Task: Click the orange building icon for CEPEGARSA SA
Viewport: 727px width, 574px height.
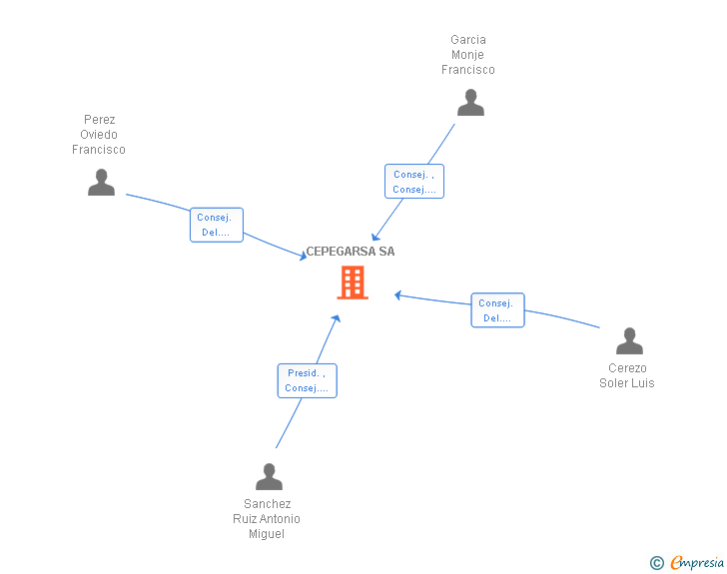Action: pos(352,283)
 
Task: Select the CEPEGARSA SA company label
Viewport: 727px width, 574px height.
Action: pos(351,252)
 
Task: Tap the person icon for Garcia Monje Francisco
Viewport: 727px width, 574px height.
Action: pos(470,102)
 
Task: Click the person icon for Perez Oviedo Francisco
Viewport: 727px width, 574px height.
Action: pos(101,182)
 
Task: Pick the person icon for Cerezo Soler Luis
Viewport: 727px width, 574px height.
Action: pos(629,341)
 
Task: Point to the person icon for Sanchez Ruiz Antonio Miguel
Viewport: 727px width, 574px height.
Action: pos(269,476)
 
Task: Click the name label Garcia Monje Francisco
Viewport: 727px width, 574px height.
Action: pos(468,55)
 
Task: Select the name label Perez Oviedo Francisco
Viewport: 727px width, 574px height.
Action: pos(99,135)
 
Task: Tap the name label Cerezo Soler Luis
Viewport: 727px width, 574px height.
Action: pos(627,375)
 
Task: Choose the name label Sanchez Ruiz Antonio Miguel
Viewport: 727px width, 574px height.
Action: pos(267,519)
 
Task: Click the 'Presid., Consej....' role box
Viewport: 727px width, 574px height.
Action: pos(307,380)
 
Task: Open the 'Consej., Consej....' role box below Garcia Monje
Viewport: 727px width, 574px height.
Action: pos(414,182)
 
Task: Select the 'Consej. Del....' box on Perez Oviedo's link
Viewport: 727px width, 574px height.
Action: pos(217,225)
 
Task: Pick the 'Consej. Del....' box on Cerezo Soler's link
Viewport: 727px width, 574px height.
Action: pos(497,310)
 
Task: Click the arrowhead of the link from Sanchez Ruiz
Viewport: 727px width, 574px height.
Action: pos(337,317)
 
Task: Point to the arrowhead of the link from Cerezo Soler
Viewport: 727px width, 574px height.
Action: pos(397,294)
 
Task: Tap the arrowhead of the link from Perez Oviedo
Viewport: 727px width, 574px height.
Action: pos(304,258)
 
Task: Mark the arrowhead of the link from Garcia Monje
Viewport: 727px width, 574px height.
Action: pos(374,237)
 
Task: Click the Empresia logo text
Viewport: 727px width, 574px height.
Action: pos(696,563)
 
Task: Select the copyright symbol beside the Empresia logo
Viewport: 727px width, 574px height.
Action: pos(656,563)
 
